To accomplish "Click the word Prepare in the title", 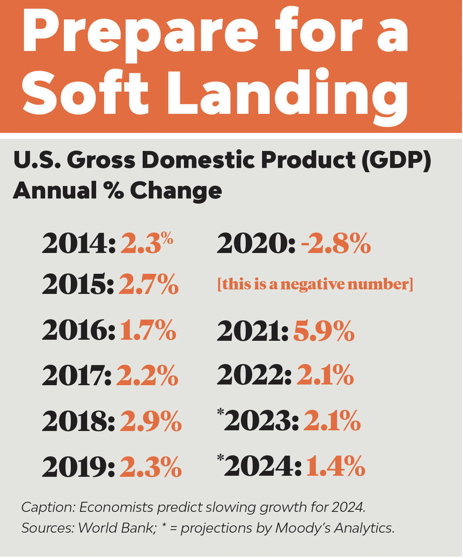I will click(140, 33).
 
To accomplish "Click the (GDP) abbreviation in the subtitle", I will click(396, 160).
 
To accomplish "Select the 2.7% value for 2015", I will click(149, 285).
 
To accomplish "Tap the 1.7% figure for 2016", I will click(148, 330).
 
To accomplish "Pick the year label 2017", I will click(77, 375).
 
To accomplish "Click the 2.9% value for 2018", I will click(151, 421).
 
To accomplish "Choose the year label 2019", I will click(78, 467).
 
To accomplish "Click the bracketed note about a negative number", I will click(315, 284).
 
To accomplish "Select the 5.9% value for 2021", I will click(324, 331).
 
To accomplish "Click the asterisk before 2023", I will click(220, 412).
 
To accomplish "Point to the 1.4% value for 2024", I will click(335, 466).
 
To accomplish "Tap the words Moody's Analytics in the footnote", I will click(335, 528).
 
